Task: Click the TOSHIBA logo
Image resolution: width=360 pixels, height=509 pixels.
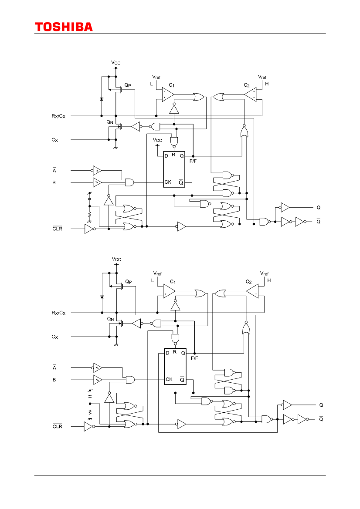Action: tap(64, 27)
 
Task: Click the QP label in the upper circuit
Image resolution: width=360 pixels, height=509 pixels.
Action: tap(128, 85)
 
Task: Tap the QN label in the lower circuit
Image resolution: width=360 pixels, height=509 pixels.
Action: tap(110, 319)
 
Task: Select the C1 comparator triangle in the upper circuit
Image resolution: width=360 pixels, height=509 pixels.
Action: tap(168, 94)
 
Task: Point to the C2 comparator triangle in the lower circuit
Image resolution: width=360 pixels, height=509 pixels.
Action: tap(252, 291)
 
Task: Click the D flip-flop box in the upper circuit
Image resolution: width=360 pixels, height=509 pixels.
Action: tap(174, 169)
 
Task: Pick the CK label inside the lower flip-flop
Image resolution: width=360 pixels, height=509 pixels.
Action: tap(169, 379)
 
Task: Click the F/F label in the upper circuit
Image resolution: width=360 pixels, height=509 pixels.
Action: tap(194, 162)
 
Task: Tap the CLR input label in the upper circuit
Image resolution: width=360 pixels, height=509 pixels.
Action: tap(57, 229)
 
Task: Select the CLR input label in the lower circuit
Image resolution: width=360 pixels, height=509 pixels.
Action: tap(57, 426)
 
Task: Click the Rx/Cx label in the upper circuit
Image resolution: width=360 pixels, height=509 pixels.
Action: tap(58, 116)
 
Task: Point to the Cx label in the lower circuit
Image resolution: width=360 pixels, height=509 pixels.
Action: tap(55, 337)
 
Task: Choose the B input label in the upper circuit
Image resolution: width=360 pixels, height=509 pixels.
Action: tap(54, 182)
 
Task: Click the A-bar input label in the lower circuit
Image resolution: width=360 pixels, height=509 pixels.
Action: tap(54, 367)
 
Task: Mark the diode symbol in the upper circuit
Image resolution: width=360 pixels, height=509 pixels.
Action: tap(102, 99)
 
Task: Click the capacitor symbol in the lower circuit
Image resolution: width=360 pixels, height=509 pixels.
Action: tap(90, 396)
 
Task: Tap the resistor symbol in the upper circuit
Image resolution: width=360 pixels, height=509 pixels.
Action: tap(90, 215)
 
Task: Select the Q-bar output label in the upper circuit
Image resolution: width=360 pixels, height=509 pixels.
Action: tap(319, 221)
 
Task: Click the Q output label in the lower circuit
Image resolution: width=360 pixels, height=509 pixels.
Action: tap(321, 405)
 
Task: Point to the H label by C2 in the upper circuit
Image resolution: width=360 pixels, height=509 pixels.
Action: tap(267, 84)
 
